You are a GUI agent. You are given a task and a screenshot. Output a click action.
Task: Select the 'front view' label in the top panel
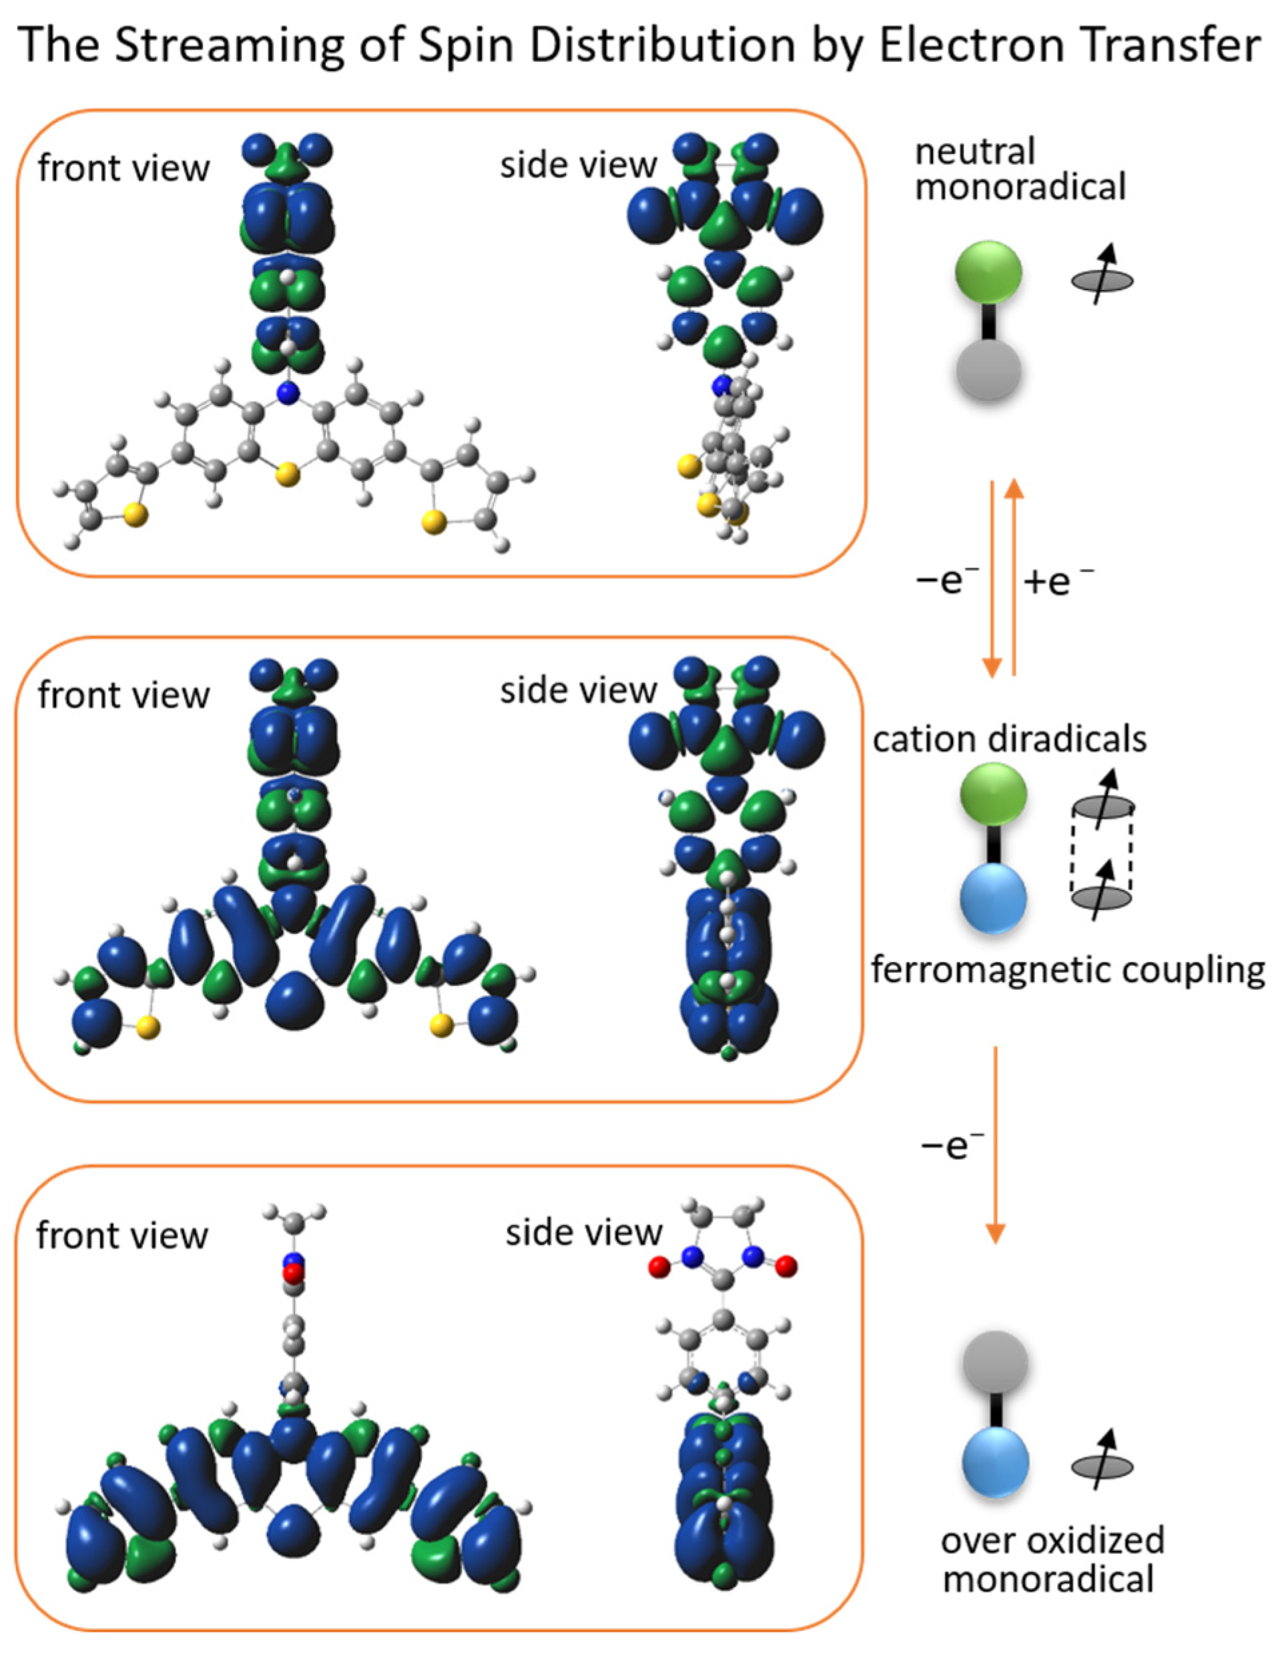coord(123,167)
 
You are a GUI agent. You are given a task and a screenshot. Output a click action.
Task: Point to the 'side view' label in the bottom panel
coord(584,1232)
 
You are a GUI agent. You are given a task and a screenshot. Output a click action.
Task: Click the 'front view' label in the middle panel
coord(123,695)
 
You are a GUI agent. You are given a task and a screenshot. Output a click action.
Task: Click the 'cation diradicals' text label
coord(1009,739)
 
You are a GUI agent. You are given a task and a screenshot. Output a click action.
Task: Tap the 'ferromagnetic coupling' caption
coord(1067,969)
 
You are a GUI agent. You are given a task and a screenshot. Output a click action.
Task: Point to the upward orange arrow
coord(1014,576)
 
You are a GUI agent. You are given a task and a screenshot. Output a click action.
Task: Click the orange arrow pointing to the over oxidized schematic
coord(994,1144)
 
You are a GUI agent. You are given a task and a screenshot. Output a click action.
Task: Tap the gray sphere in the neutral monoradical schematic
coord(988,370)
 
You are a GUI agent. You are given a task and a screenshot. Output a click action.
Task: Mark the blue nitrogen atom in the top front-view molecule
coord(286,392)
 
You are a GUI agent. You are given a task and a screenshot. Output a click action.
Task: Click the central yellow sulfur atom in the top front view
coord(286,476)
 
